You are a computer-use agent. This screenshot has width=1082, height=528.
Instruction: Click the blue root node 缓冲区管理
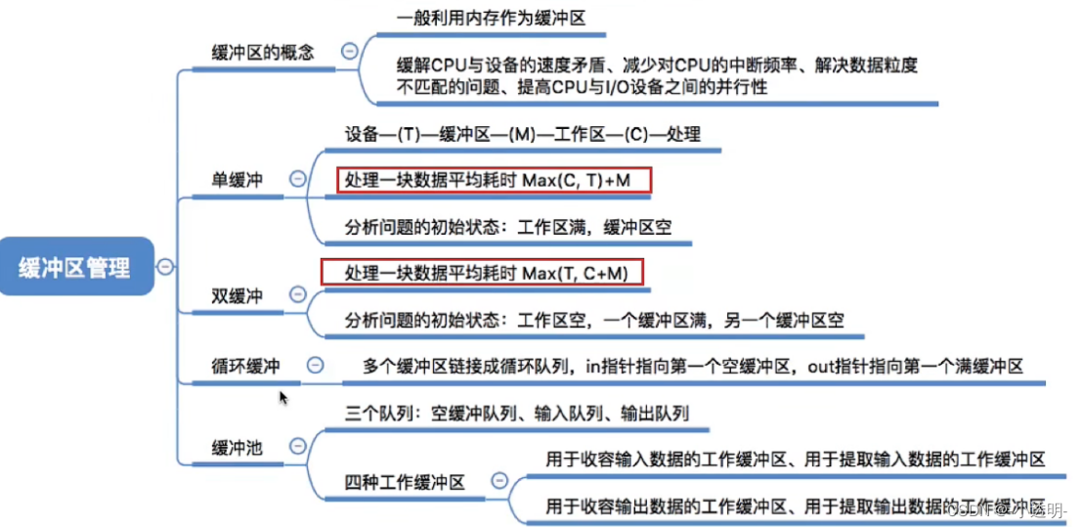point(77,266)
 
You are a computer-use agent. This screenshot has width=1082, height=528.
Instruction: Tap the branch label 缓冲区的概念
point(263,52)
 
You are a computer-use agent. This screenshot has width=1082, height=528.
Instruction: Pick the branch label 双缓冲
point(237,295)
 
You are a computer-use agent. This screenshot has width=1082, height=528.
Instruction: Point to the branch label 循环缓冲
point(245,366)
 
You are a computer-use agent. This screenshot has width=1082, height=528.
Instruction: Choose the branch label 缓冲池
point(237,448)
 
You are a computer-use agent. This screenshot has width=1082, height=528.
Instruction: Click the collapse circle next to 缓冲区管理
point(166,266)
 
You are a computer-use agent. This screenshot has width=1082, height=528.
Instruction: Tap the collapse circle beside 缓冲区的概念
point(348,51)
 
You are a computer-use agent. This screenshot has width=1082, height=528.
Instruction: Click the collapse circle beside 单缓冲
point(296,179)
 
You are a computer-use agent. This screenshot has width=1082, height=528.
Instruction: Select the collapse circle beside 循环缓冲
point(315,365)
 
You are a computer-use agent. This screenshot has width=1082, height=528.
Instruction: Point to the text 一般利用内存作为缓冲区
point(492,18)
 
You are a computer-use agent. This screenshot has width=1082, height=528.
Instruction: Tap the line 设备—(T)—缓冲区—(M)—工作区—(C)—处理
point(522,134)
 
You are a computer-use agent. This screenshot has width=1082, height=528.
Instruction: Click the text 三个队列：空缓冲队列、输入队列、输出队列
point(517,414)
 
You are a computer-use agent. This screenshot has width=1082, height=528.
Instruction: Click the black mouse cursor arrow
point(283,397)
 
